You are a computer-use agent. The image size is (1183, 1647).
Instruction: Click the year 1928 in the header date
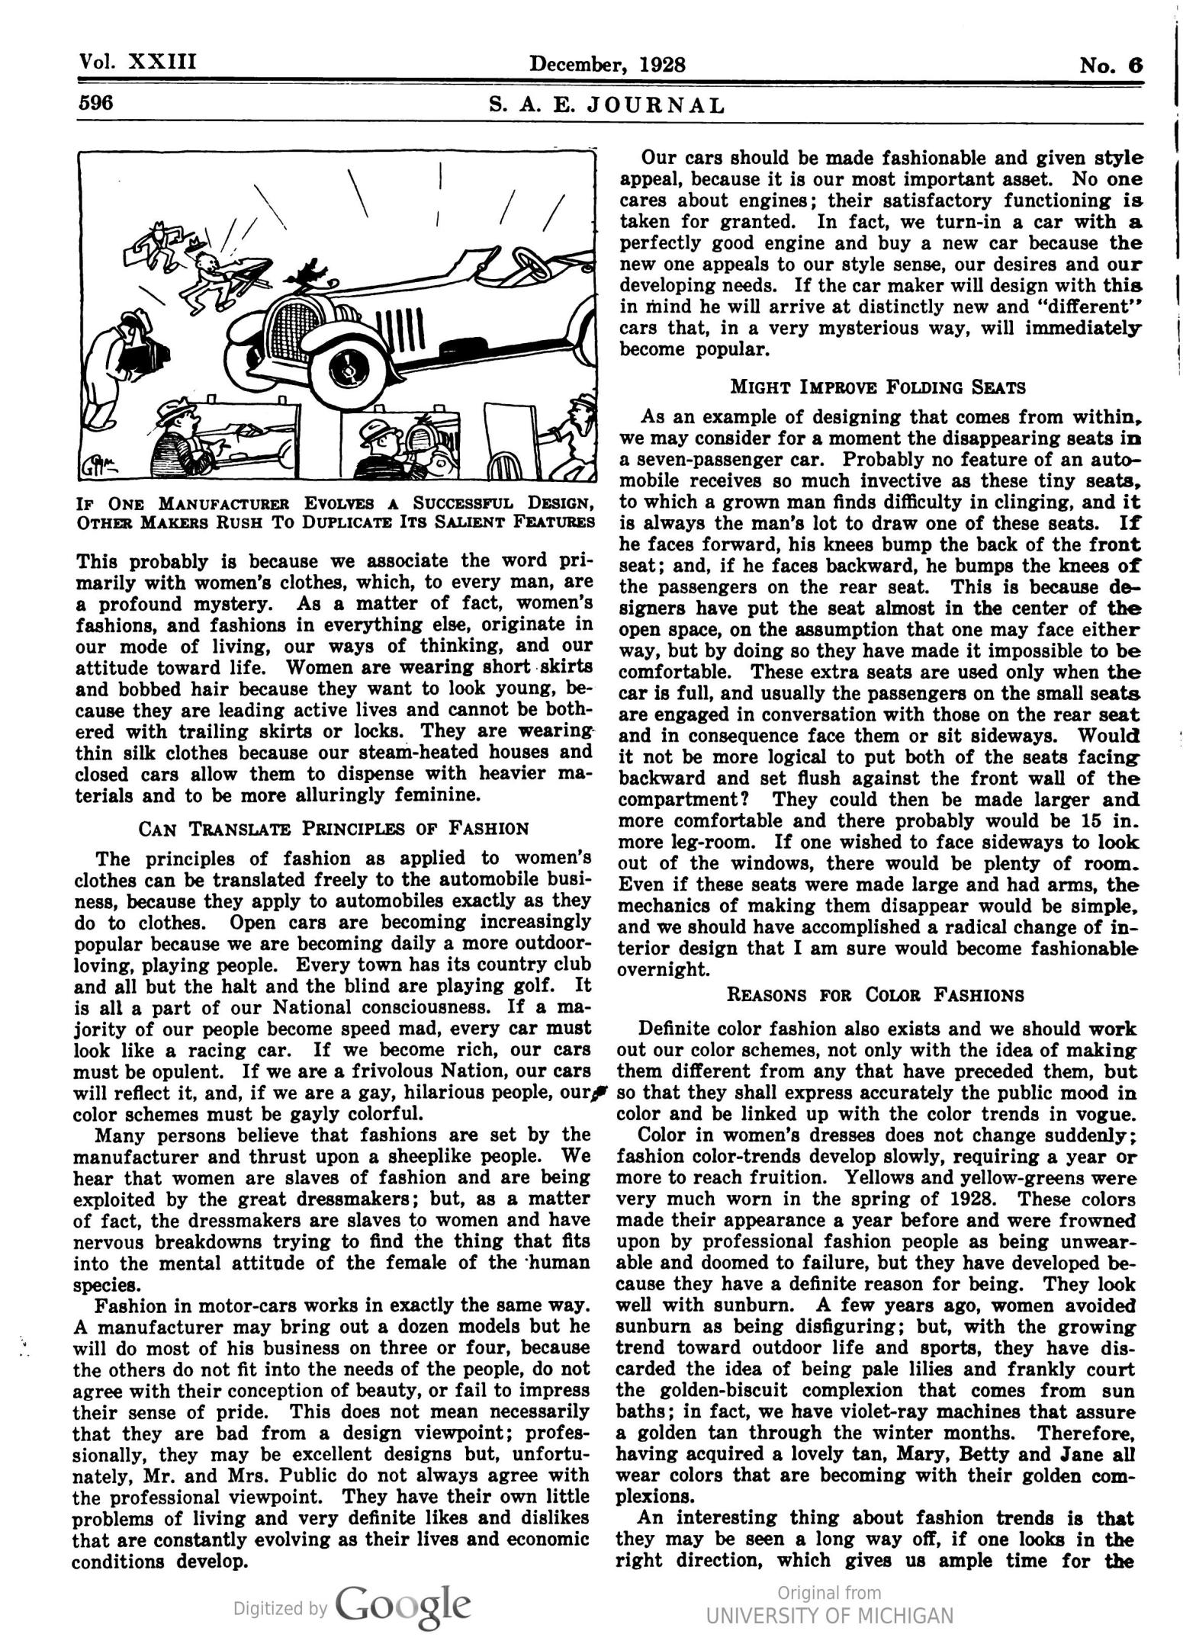(663, 63)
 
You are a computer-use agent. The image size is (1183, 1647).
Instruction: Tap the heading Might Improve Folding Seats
(878, 387)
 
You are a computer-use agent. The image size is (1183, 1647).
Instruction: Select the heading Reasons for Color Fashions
(876, 994)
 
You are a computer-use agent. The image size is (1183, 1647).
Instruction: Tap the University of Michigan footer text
(829, 1616)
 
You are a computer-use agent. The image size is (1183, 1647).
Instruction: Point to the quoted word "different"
(1086, 307)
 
